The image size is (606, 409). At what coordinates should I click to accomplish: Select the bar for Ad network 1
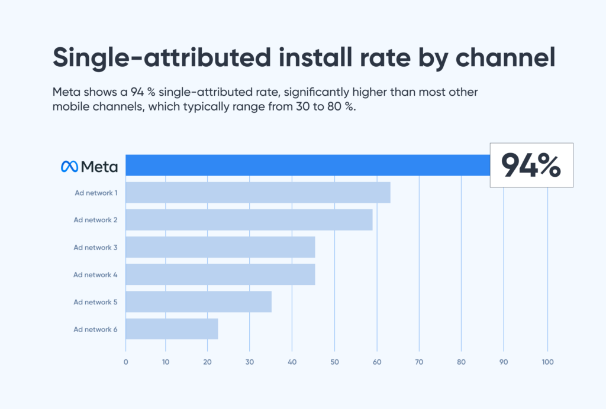coord(258,193)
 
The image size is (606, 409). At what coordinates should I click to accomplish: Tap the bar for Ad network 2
coord(249,220)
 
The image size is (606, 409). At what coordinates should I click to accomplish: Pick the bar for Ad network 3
coord(220,247)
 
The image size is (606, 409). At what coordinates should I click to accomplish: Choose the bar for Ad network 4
coord(220,274)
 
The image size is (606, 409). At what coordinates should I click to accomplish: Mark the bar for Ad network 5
coord(198,301)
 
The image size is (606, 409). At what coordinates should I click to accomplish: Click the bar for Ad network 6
coord(172,329)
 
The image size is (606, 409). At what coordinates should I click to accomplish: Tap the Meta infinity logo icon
coord(69,167)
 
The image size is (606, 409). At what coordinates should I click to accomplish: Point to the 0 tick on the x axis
coord(125,362)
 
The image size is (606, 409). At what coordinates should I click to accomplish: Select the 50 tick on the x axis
coord(334,362)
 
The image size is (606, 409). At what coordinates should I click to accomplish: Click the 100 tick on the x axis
coord(547,362)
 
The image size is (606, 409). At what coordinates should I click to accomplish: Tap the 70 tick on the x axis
coord(419,362)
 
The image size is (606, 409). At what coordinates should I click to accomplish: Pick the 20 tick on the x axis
coord(207,362)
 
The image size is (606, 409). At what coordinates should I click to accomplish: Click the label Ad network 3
coord(95,248)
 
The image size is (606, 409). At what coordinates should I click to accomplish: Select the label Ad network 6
coord(95,329)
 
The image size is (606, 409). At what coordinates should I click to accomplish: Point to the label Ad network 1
coord(95,193)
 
